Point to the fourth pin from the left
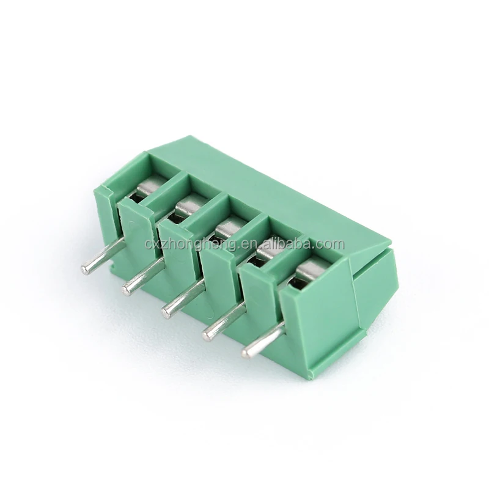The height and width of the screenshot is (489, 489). click(223, 322)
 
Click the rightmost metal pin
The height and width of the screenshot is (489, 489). click(263, 340)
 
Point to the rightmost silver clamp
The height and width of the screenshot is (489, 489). click(311, 269)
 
